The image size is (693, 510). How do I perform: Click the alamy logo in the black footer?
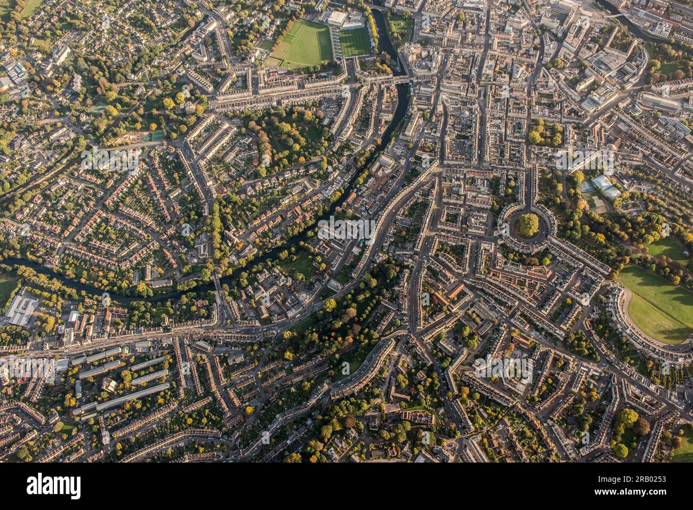pyautogui.click(x=53, y=486)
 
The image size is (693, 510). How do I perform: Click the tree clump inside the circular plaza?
pyautogui.click(x=528, y=224)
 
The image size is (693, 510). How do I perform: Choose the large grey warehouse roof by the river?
pyautogui.click(x=21, y=310)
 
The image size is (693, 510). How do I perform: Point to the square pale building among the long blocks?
pyautogui.click(x=109, y=384)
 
